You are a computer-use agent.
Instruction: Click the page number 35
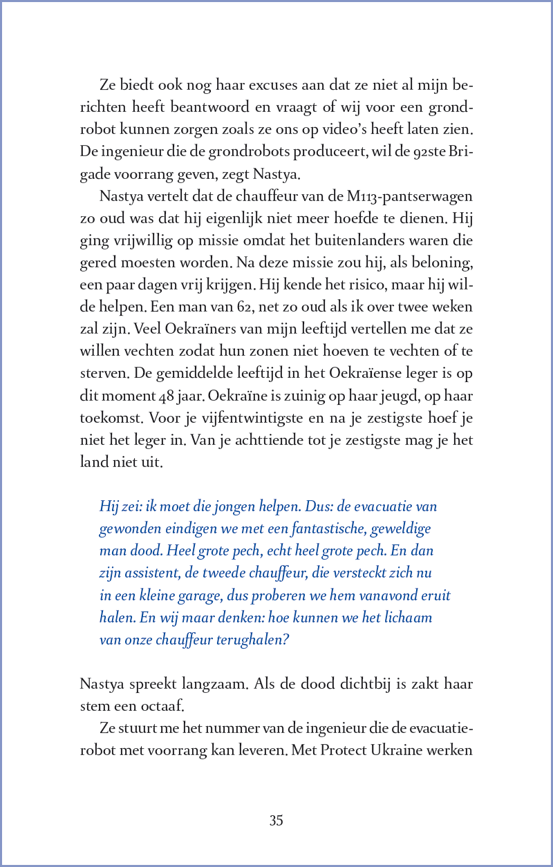[x=276, y=821]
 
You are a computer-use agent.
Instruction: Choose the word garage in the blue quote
[x=196, y=595]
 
